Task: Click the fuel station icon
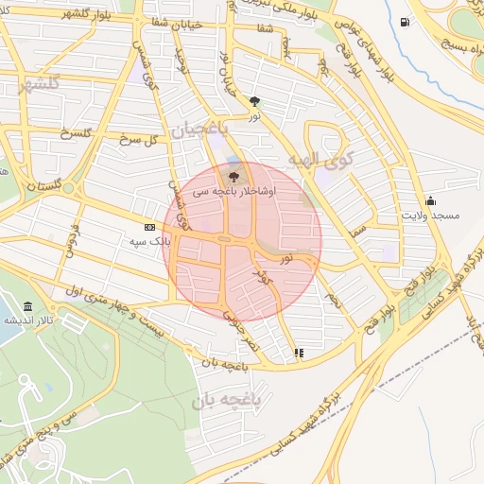pyautogui.click(x=406, y=22)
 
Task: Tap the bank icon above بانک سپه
pyautogui.click(x=149, y=227)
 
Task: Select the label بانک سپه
pyautogui.click(x=149, y=241)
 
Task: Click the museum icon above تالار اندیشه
pyautogui.click(x=27, y=307)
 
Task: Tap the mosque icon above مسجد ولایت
pyautogui.click(x=431, y=200)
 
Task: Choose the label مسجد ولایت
pyautogui.click(x=431, y=216)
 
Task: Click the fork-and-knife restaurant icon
pyautogui.click(x=300, y=353)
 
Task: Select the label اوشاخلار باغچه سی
pyautogui.click(x=232, y=191)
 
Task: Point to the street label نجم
pyautogui.click(x=332, y=302)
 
